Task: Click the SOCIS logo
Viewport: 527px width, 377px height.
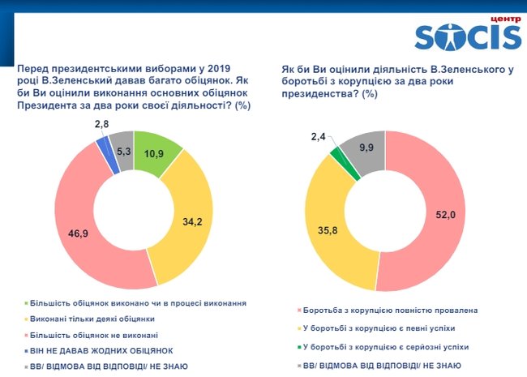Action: coord(468,36)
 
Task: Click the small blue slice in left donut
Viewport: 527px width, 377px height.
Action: coord(103,144)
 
